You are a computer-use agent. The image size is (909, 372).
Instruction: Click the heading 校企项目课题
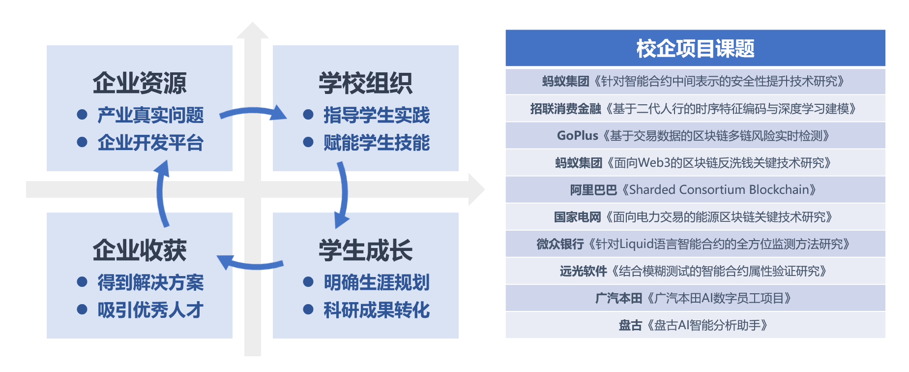695,48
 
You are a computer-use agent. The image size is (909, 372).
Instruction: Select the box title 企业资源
140,83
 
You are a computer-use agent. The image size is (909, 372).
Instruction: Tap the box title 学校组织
365,83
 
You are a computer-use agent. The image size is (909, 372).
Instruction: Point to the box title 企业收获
140,250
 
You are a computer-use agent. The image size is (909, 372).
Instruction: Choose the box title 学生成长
365,250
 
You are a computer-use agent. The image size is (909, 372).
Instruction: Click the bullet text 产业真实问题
150,115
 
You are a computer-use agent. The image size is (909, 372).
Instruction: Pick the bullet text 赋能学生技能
377,143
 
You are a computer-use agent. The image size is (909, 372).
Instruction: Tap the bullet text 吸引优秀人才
150,310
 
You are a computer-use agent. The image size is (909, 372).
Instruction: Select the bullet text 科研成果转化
377,310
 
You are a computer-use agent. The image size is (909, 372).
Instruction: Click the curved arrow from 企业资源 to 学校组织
253,113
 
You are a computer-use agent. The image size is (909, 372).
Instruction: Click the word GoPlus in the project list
577,136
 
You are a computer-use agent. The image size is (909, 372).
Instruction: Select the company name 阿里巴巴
593,190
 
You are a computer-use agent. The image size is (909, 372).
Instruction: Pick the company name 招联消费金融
565,109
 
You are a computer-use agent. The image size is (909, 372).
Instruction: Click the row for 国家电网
695,217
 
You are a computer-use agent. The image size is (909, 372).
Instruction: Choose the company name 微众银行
560,244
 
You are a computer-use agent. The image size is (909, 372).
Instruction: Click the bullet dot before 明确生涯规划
308,282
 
